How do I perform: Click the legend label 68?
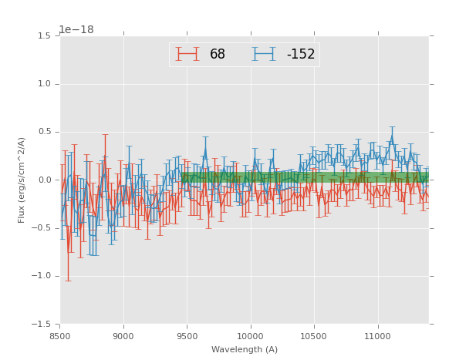[218, 54]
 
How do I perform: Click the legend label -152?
[301, 54]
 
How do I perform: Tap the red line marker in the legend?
[187, 54]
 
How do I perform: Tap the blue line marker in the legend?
[264, 54]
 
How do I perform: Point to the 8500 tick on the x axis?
[60, 337]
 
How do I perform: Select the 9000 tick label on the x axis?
[123, 337]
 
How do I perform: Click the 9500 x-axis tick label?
[187, 337]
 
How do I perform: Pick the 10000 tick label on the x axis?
[250, 337]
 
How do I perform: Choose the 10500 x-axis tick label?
[313, 337]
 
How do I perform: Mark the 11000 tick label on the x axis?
[377, 337]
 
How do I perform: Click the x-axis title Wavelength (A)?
[245, 350]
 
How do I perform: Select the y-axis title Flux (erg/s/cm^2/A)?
[22, 180]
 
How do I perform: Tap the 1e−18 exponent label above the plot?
[76, 30]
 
